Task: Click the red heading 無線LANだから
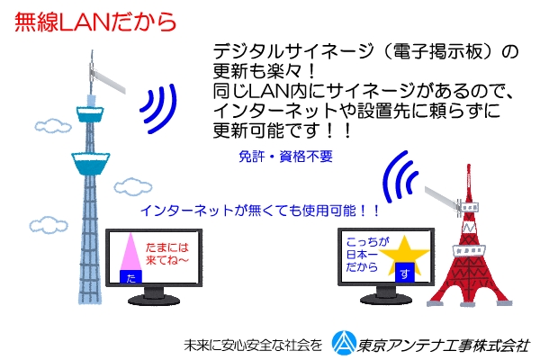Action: tap(95, 22)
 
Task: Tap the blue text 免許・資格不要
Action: tap(285, 157)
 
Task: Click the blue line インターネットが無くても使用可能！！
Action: tap(260, 211)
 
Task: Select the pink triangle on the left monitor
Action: tap(130, 251)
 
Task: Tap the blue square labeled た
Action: tap(130, 276)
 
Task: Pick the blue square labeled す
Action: tap(404, 273)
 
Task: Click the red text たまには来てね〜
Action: tap(167, 254)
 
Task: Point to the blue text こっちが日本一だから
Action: tap(367, 255)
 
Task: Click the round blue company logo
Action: tap(344, 343)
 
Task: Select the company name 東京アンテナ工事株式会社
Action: tap(443, 346)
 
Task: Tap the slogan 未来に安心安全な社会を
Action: tap(253, 346)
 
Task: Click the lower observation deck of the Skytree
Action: tap(91, 163)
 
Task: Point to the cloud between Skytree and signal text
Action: tap(133, 186)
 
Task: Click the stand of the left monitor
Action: tap(154, 296)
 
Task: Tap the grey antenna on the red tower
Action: tap(443, 199)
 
